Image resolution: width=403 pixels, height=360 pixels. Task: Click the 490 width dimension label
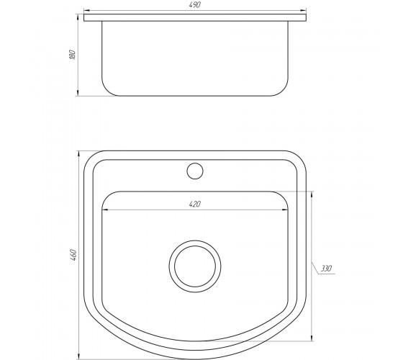click(x=194, y=4)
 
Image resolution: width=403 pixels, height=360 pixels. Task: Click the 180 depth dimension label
click(x=73, y=55)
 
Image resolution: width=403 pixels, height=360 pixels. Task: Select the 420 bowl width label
click(x=194, y=204)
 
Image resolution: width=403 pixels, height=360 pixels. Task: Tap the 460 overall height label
click(x=73, y=255)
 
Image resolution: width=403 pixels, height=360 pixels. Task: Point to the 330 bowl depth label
click(x=326, y=269)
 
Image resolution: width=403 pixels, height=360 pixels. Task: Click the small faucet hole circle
click(x=195, y=171)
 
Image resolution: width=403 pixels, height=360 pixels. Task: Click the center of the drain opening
click(x=195, y=266)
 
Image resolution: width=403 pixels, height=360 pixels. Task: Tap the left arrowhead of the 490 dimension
click(x=86, y=11)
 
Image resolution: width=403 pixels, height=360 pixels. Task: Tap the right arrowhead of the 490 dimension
click(x=303, y=11)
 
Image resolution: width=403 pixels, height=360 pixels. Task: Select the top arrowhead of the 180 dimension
click(x=78, y=17)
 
